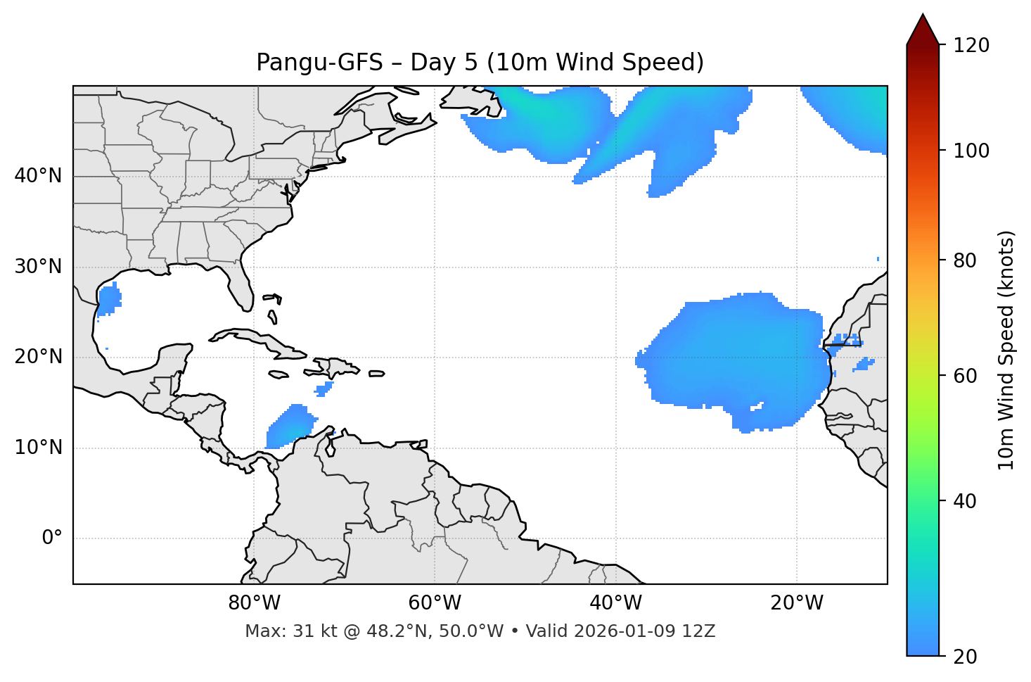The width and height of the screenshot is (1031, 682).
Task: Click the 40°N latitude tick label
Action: (x=38, y=176)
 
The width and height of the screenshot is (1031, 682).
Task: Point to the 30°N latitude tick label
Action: (x=38, y=267)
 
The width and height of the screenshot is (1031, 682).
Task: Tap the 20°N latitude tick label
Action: (x=38, y=357)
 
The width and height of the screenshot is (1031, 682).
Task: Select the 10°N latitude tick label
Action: (x=38, y=448)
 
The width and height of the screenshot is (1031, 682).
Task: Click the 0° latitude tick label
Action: (x=52, y=538)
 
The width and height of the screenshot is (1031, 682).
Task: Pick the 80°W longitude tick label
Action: (x=254, y=603)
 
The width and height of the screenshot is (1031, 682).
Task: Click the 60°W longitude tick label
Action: (x=435, y=603)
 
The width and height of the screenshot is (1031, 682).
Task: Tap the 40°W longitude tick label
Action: (x=615, y=603)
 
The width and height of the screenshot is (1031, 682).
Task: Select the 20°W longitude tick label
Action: (x=796, y=603)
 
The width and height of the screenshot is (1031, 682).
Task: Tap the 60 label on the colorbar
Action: (x=964, y=376)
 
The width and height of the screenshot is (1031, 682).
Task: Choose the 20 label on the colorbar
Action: (x=964, y=657)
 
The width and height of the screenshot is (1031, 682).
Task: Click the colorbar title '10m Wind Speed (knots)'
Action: (x=1006, y=350)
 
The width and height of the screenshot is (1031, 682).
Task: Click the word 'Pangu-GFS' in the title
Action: (x=319, y=63)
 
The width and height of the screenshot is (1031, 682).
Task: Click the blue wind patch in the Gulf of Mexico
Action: (x=108, y=300)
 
